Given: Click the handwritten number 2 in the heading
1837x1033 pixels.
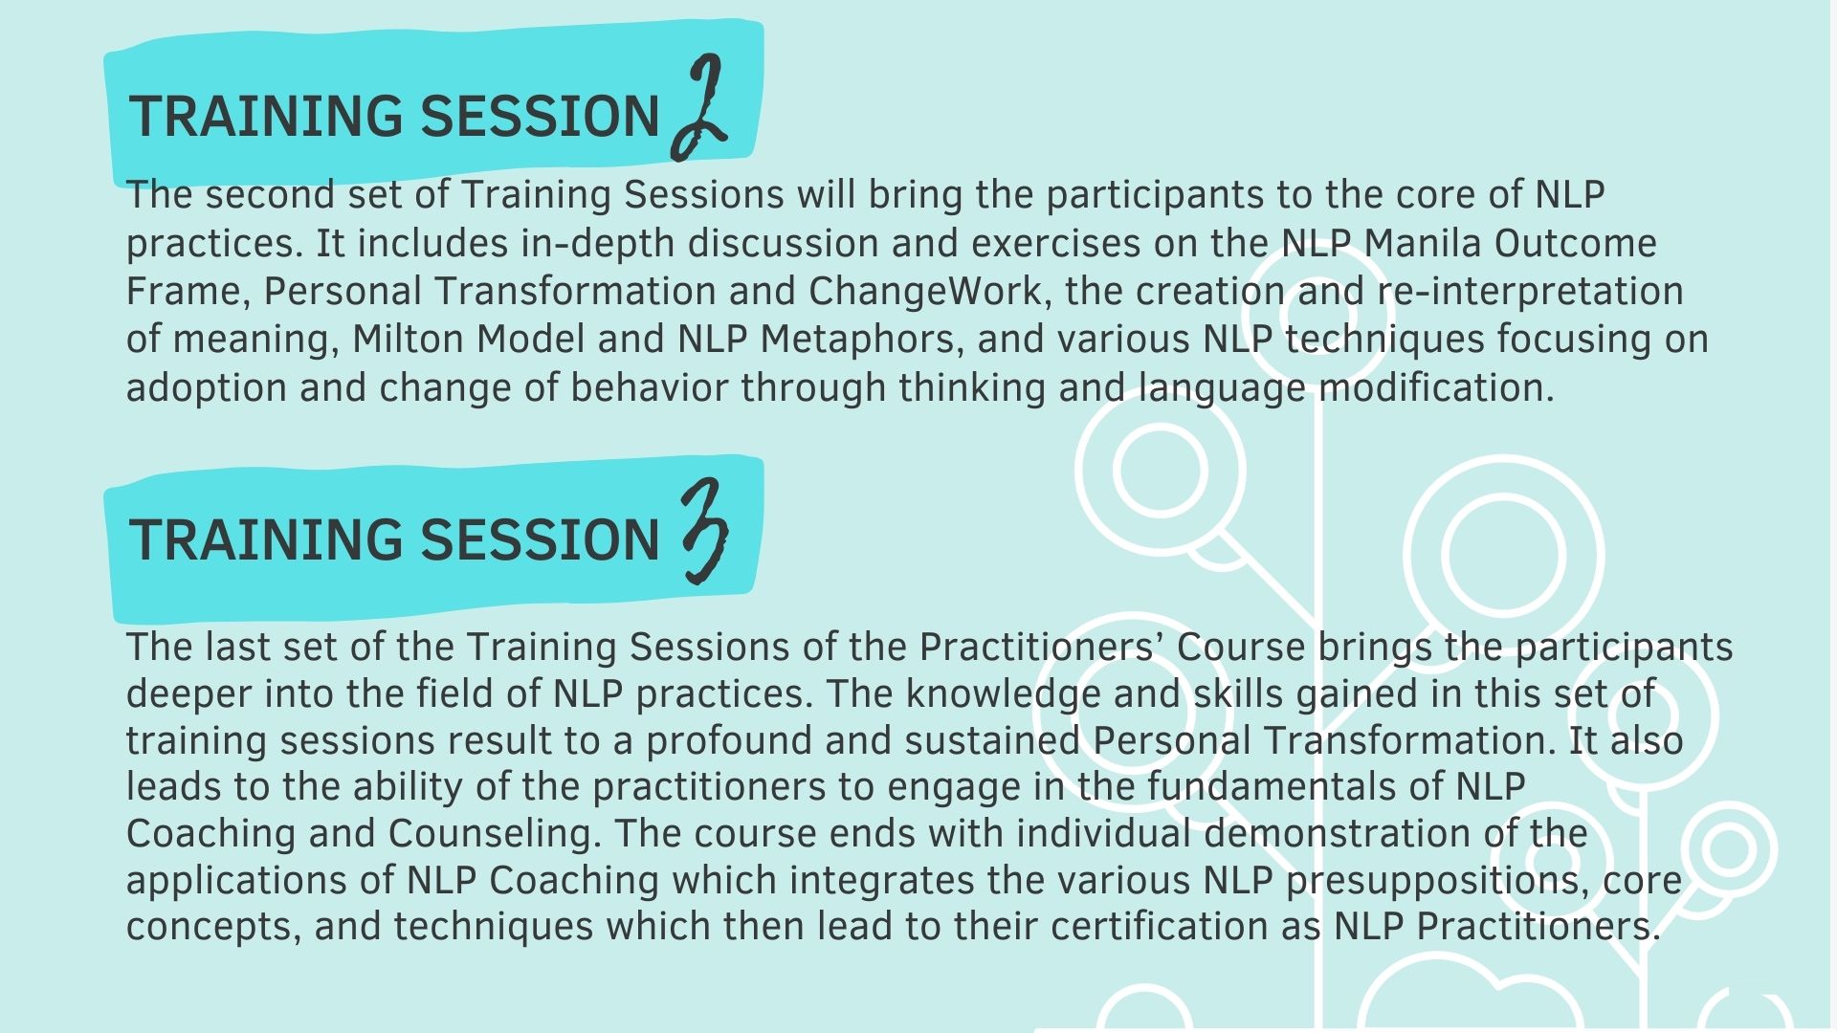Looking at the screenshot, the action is [x=699, y=107].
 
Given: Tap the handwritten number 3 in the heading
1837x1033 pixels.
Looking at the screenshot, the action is [x=706, y=533].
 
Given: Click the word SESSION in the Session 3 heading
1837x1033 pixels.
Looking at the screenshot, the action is [x=541, y=539].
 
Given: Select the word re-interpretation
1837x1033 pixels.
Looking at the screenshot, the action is [x=1530, y=292].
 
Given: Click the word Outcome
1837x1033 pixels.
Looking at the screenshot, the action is [x=1575, y=243].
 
